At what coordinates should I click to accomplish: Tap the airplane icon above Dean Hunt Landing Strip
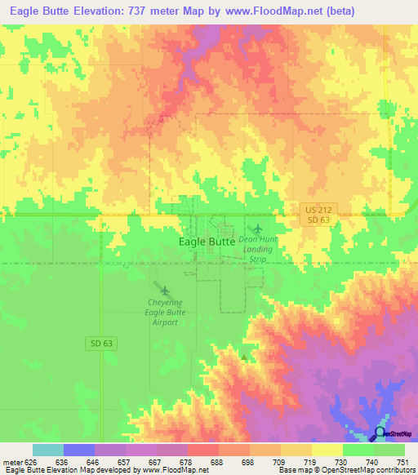[258, 228]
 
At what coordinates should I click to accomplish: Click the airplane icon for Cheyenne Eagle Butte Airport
[166, 291]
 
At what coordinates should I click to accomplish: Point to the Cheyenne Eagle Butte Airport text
[166, 312]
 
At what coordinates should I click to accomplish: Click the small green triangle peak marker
[243, 357]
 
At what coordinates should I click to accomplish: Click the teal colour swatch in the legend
[48, 451]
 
